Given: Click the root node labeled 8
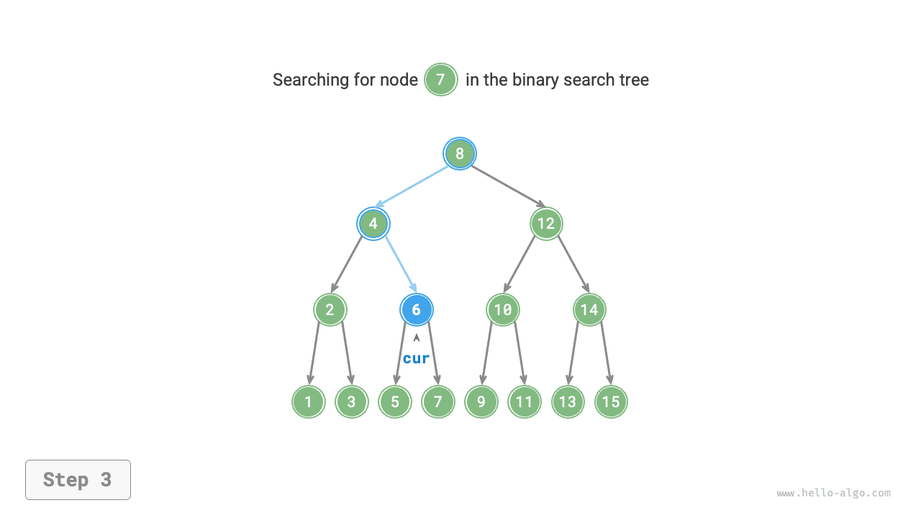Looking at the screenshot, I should (460, 153).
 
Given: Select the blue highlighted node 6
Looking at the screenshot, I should (417, 310).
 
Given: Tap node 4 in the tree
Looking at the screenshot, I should (373, 224).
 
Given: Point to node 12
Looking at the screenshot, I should (546, 224).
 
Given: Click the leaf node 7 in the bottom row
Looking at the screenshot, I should (438, 401).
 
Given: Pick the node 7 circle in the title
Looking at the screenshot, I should (441, 79).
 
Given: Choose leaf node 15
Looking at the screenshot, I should (611, 401).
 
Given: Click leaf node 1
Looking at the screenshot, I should (309, 401).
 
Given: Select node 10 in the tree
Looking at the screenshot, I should (503, 310).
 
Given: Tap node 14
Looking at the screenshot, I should (589, 310).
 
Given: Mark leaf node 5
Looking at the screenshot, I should (395, 401).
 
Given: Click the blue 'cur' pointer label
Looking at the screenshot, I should (416, 358).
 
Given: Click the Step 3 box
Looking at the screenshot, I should (78, 480).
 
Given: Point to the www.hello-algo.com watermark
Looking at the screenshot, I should (833, 494).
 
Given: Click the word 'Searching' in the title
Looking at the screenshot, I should (310, 80).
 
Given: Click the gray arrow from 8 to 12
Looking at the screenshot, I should (507, 186).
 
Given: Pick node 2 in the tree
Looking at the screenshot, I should (330, 310).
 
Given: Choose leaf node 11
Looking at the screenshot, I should (525, 401).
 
